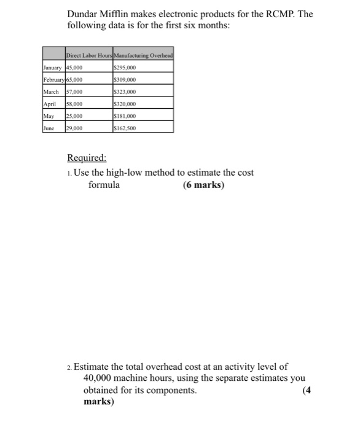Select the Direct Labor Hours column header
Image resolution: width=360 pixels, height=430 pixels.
pos(91,56)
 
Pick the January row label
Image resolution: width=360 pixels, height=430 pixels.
pos(54,68)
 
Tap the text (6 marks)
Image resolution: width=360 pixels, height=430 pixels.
pos(203,184)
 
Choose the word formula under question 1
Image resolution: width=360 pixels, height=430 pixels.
pos(104,184)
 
